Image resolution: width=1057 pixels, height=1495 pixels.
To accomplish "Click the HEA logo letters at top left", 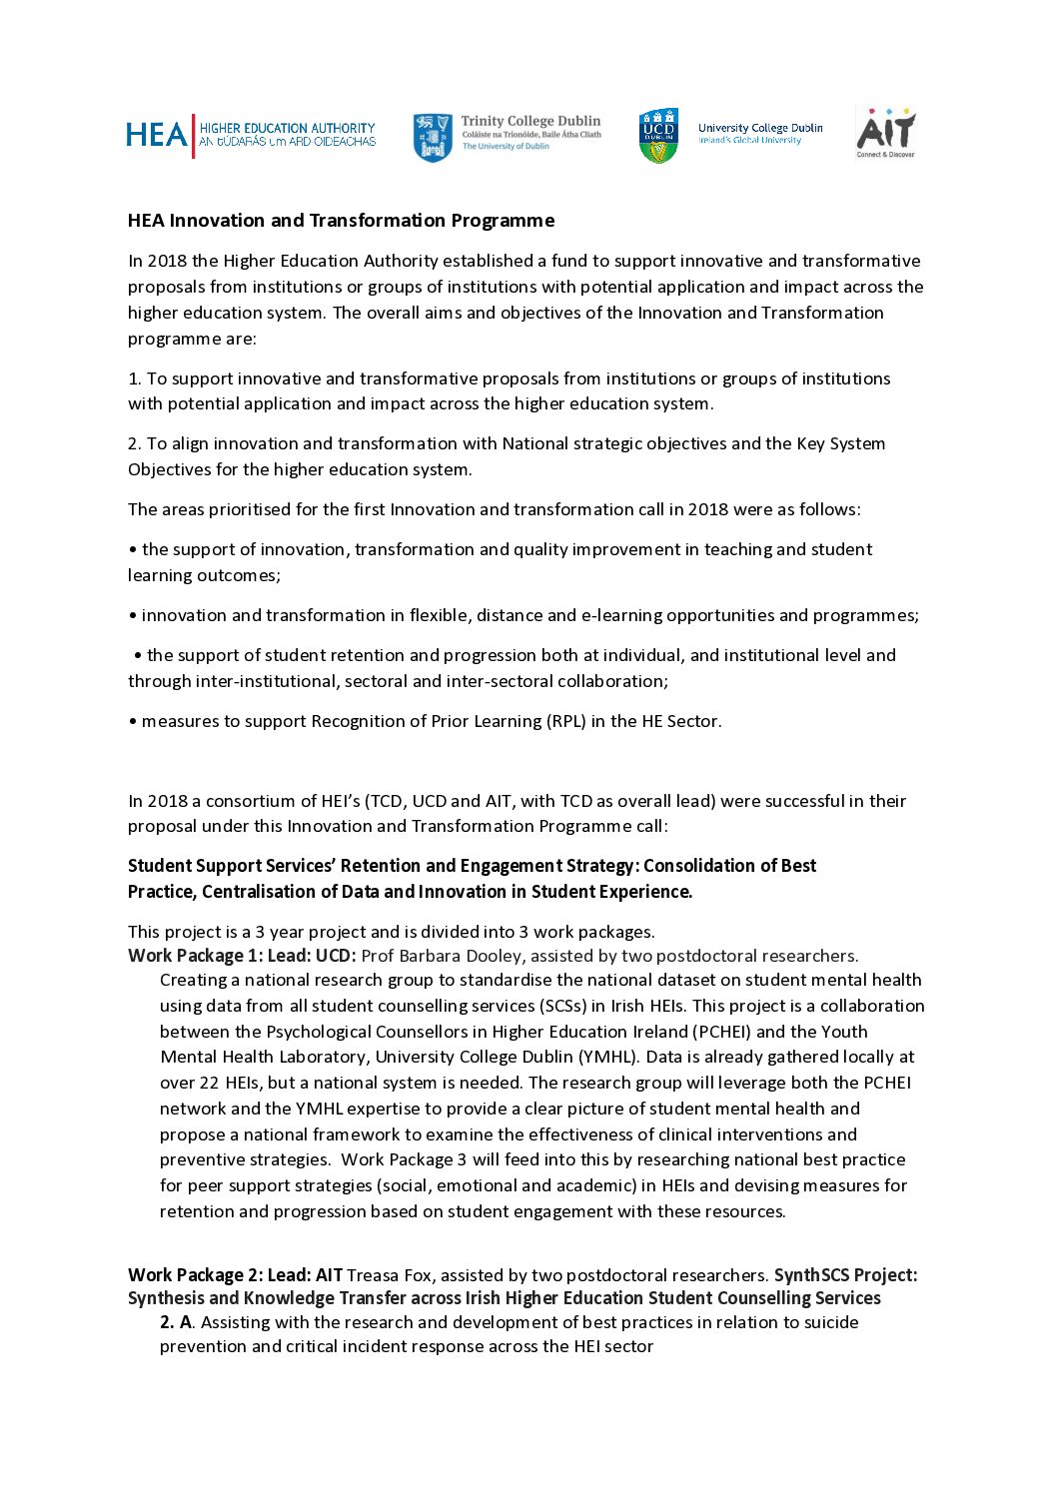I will [x=156, y=135].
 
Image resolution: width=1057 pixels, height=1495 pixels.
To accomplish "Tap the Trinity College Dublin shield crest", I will [x=433, y=137].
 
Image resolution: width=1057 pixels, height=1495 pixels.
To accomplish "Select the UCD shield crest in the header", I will [x=658, y=136].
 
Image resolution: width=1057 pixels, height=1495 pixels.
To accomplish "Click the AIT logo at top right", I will [x=886, y=133].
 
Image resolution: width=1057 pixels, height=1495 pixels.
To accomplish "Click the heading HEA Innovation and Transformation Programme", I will [x=341, y=221].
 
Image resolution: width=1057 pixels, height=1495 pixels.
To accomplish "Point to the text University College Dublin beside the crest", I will [x=760, y=128].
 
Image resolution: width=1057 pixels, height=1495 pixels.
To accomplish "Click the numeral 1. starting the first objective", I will [x=134, y=378].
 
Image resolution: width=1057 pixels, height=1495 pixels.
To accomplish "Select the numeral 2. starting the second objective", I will [x=135, y=443].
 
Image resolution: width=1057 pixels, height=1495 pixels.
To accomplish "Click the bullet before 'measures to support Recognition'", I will [x=132, y=722].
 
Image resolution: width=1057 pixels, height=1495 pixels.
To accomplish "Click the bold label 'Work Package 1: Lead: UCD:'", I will [x=242, y=956].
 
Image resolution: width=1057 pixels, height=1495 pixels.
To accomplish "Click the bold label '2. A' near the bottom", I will [x=176, y=1322].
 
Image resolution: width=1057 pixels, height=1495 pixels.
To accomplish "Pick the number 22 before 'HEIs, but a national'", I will [x=208, y=1083].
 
